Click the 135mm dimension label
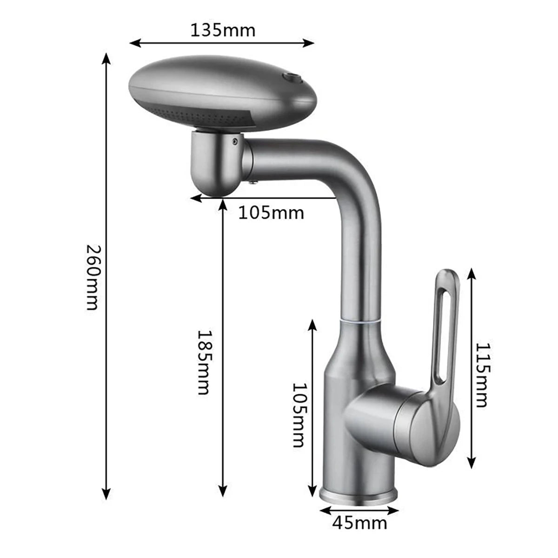(223, 31)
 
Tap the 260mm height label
(93, 277)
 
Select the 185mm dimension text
(204, 362)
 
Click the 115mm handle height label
(482, 375)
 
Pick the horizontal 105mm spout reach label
(271, 213)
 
